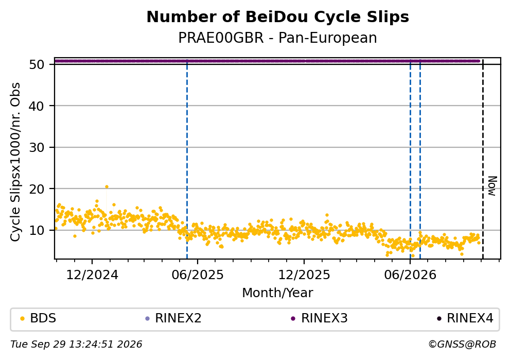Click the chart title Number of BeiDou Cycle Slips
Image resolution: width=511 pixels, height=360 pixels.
coord(278,17)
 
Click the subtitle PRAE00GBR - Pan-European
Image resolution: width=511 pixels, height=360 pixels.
coord(278,38)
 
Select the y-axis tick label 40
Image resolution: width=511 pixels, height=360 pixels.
coord(37,106)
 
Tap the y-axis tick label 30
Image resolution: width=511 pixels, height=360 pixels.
coord(37,147)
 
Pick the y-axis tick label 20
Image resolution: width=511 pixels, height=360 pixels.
coord(37,189)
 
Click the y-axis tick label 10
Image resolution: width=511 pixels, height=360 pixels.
coord(37,230)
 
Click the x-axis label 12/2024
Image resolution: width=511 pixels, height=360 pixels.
coord(92,275)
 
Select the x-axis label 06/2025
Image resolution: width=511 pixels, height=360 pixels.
coord(198,275)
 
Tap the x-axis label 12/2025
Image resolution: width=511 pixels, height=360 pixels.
coord(304,275)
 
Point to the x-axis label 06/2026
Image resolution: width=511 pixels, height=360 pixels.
coord(410,275)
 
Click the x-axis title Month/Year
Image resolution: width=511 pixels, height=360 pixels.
coord(278,293)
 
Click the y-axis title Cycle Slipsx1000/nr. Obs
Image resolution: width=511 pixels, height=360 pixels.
coord(15,162)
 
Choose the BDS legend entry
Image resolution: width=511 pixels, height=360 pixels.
coord(38,318)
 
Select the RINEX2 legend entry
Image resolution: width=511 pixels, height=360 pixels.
coord(173,318)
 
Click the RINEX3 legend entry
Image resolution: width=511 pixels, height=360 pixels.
coord(320,318)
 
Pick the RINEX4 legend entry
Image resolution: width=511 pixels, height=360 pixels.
coord(465,318)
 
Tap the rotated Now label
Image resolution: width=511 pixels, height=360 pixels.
coord(492,186)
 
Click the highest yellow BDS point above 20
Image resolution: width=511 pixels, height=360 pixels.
coord(107,187)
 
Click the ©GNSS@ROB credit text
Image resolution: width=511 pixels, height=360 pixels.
coord(462,345)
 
